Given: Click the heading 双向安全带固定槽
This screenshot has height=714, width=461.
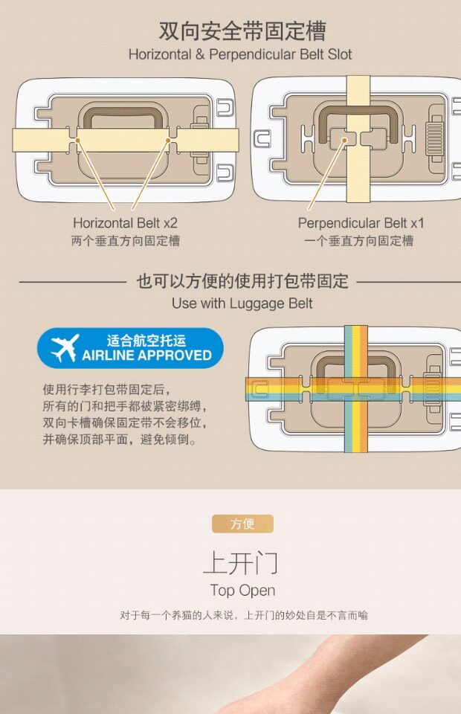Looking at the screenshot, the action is pos(242,31).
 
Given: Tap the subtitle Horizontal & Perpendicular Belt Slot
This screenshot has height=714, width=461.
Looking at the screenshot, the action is pos(240,54).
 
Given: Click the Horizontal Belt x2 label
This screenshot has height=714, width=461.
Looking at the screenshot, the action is pos(125,222).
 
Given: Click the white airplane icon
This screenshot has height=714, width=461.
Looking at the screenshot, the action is pos(65,348).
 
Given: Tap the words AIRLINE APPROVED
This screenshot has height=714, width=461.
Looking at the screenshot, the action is pos(146,356).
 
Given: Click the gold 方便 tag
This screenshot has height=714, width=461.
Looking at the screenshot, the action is pos(242,524).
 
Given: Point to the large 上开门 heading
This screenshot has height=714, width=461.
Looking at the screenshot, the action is pos(240,562).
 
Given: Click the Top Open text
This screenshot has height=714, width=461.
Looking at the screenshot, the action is pos(242,591).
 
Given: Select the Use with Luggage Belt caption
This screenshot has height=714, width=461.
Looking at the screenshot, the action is pos(242,303).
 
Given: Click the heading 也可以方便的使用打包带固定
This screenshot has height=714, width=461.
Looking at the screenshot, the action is pos(242,281).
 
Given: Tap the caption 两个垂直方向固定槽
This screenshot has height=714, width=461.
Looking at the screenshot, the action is pos(125,241).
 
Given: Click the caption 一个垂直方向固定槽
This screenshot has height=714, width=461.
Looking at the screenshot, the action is pos(358,241).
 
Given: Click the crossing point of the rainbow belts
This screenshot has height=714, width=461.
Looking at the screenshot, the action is pos(356,388).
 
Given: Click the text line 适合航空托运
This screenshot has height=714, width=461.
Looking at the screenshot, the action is pos(146,341).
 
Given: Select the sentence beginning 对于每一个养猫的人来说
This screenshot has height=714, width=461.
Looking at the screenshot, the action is pos(243,615).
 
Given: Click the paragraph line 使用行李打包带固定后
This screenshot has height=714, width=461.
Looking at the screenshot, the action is pos(106,390).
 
